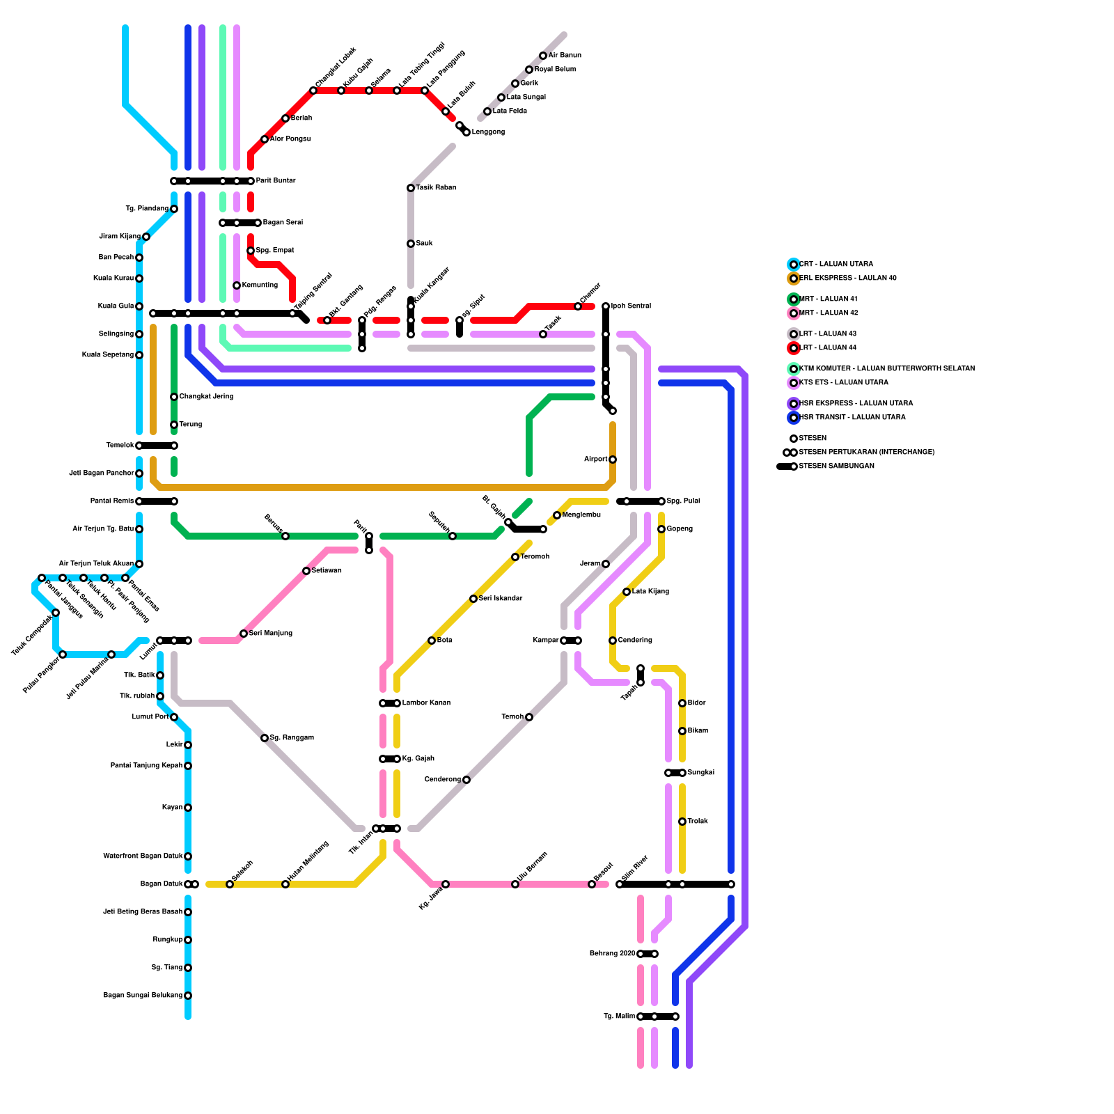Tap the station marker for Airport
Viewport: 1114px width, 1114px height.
coord(613,460)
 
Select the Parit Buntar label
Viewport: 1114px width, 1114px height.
coord(276,181)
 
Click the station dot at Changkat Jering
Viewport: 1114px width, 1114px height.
coord(174,397)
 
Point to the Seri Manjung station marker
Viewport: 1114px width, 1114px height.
coord(244,634)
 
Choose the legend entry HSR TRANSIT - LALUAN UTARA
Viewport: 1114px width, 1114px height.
coord(852,418)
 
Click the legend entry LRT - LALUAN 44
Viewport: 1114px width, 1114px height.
coord(828,348)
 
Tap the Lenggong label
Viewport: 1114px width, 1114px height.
coord(488,132)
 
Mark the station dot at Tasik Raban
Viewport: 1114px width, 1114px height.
coord(411,188)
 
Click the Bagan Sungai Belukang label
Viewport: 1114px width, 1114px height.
coord(143,996)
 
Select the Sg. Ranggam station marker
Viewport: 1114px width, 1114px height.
coord(265,738)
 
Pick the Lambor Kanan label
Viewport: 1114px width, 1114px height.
coord(426,703)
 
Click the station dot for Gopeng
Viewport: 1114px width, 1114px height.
coord(661,529)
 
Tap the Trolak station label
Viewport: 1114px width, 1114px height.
coord(698,822)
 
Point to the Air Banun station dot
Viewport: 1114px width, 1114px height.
coord(543,56)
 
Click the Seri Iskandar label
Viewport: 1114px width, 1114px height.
coord(501,599)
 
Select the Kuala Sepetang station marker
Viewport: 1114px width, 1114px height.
coord(139,355)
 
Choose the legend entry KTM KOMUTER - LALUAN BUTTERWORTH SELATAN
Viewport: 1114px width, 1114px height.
coord(886,369)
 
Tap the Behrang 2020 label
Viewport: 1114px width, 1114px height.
coord(612,954)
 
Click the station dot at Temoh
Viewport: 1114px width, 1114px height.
coord(529,717)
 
